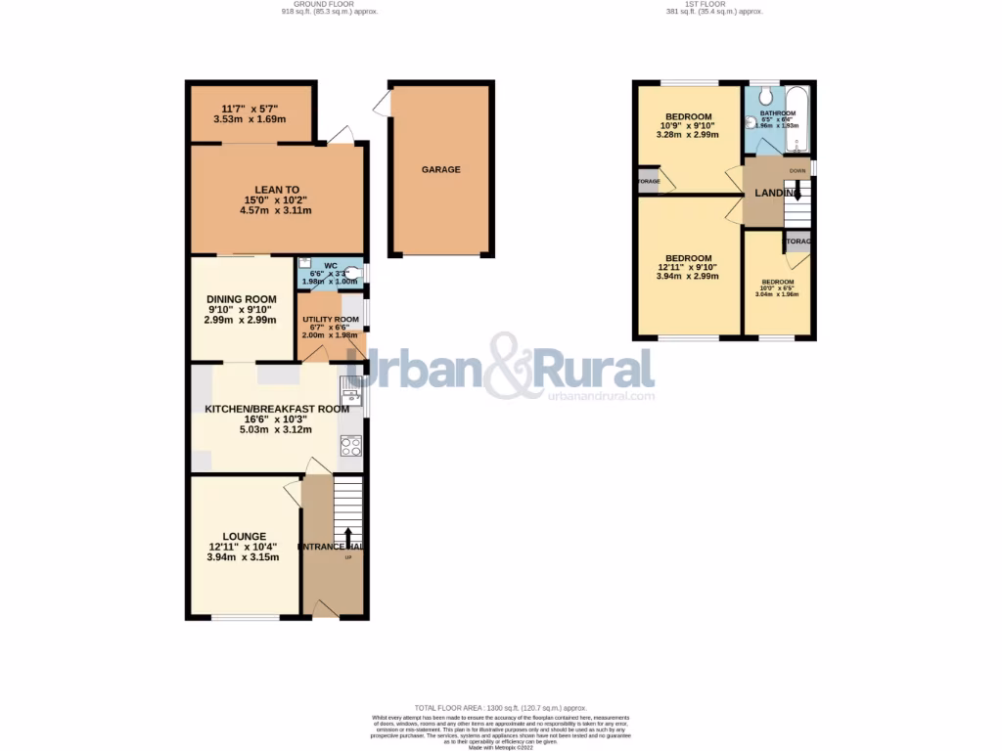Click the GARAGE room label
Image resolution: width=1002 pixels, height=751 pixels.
click(x=440, y=169)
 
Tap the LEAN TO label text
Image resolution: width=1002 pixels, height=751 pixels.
click(x=278, y=190)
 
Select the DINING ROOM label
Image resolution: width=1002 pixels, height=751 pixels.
click(x=241, y=299)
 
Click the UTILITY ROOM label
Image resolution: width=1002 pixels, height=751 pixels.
click(x=331, y=319)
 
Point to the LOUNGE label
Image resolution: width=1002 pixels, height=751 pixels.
click(x=244, y=536)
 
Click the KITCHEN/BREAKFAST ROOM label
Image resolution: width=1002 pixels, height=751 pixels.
click(x=277, y=409)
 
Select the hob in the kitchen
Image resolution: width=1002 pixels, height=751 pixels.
click(x=350, y=447)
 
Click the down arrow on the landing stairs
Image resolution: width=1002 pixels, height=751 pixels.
click(x=797, y=191)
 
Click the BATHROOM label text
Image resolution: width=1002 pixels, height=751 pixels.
click(x=779, y=113)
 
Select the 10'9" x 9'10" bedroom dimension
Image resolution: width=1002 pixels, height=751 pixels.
click(x=688, y=125)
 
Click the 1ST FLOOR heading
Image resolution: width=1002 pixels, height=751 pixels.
click(x=713, y=5)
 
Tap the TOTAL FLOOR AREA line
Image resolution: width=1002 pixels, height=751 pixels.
click(x=500, y=707)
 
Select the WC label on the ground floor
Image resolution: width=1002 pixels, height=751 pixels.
click(x=331, y=265)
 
